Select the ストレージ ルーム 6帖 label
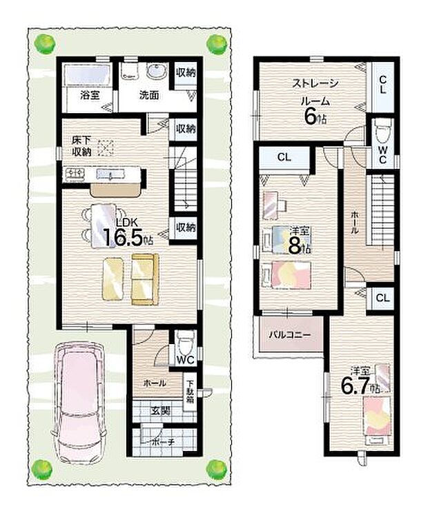(x=315, y=101)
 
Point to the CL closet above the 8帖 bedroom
(x=284, y=158)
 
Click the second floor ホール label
(x=353, y=225)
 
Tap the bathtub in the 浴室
(x=87, y=75)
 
